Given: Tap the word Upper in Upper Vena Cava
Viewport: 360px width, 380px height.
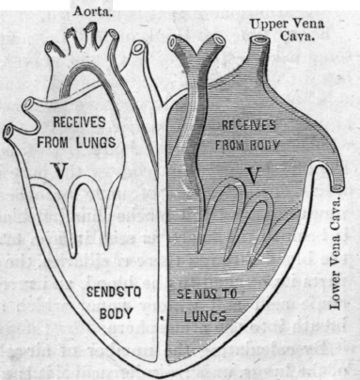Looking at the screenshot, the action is [x=258, y=23].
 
